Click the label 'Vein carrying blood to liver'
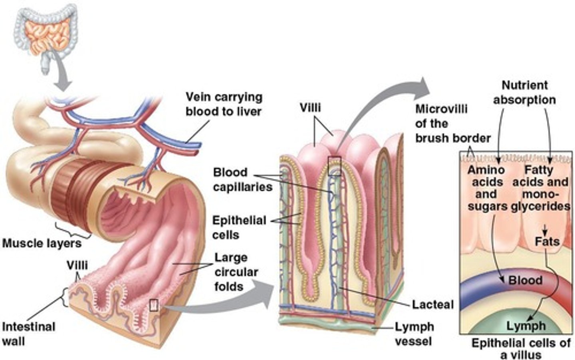224,104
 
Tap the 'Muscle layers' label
42,243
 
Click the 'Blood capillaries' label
242,179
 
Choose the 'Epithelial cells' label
239,227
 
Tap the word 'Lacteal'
433,304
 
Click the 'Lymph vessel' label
414,334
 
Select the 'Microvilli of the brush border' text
452,123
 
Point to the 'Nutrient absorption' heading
524,92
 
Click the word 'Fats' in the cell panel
547,241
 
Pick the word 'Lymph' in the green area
526,326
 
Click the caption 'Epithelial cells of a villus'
521,348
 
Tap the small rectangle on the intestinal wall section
154,305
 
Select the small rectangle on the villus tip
334,166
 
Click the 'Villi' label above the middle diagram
310,107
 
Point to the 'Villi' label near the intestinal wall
77,265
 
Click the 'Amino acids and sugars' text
486,188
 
